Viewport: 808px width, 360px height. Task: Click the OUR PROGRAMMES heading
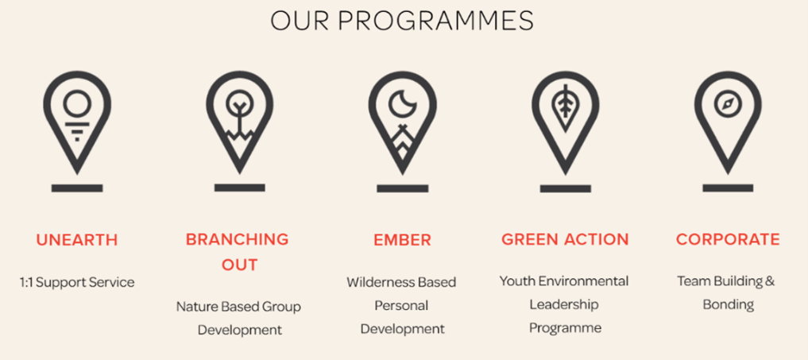pyautogui.click(x=402, y=21)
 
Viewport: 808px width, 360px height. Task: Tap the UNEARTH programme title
pyautogui.click(x=77, y=240)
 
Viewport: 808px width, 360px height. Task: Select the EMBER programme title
pyautogui.click(x=403, y=240)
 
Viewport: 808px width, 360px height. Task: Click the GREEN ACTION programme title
pyautogui.click(x=566, y=239)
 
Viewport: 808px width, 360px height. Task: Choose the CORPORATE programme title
pyautogui.click(x=728, y=239)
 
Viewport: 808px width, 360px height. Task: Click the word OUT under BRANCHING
pyautogui.click(x=240, y=265)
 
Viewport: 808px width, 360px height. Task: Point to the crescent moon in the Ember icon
pyautogui.click(x=403, y=103)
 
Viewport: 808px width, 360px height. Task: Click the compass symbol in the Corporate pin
pyautogui.click(x=728, y=104)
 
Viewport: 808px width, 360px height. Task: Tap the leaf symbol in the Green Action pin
pyautogui.click(x=566, y=107)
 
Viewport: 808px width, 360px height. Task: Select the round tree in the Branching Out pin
pyautogui.click(x=240, y=103)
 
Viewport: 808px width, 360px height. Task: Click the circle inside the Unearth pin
pyautogui.click(x=77, y=103)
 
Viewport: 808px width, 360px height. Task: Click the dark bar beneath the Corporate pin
pyautogui.click(x=728, y=188)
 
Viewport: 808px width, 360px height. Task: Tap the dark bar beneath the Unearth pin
pyautogui.click(x=77, y=188)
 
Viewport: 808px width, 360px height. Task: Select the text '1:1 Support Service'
pyautogui.click(x=77, y=283)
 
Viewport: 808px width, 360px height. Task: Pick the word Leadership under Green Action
pyautogui.click(x=564, y=304)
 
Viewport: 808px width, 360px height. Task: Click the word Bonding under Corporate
pyautogui.click(x=728, y=305)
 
